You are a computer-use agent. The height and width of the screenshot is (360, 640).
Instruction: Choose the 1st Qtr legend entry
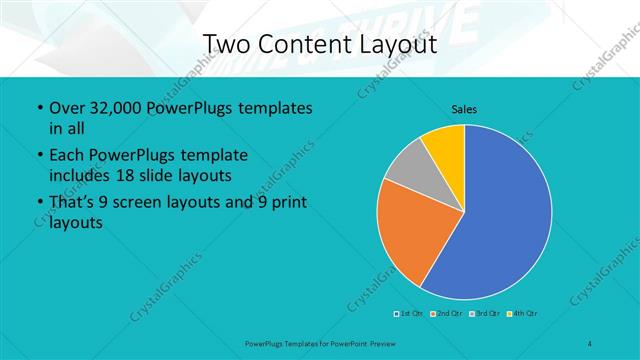point(407,313)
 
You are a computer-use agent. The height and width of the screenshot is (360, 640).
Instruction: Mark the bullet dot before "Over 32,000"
point(39,107)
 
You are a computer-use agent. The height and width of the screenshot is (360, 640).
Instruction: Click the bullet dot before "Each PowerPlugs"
point(39,156)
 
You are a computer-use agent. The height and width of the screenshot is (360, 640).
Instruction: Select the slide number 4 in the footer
point(591,343)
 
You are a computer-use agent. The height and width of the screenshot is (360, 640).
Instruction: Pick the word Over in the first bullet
point(67,106)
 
